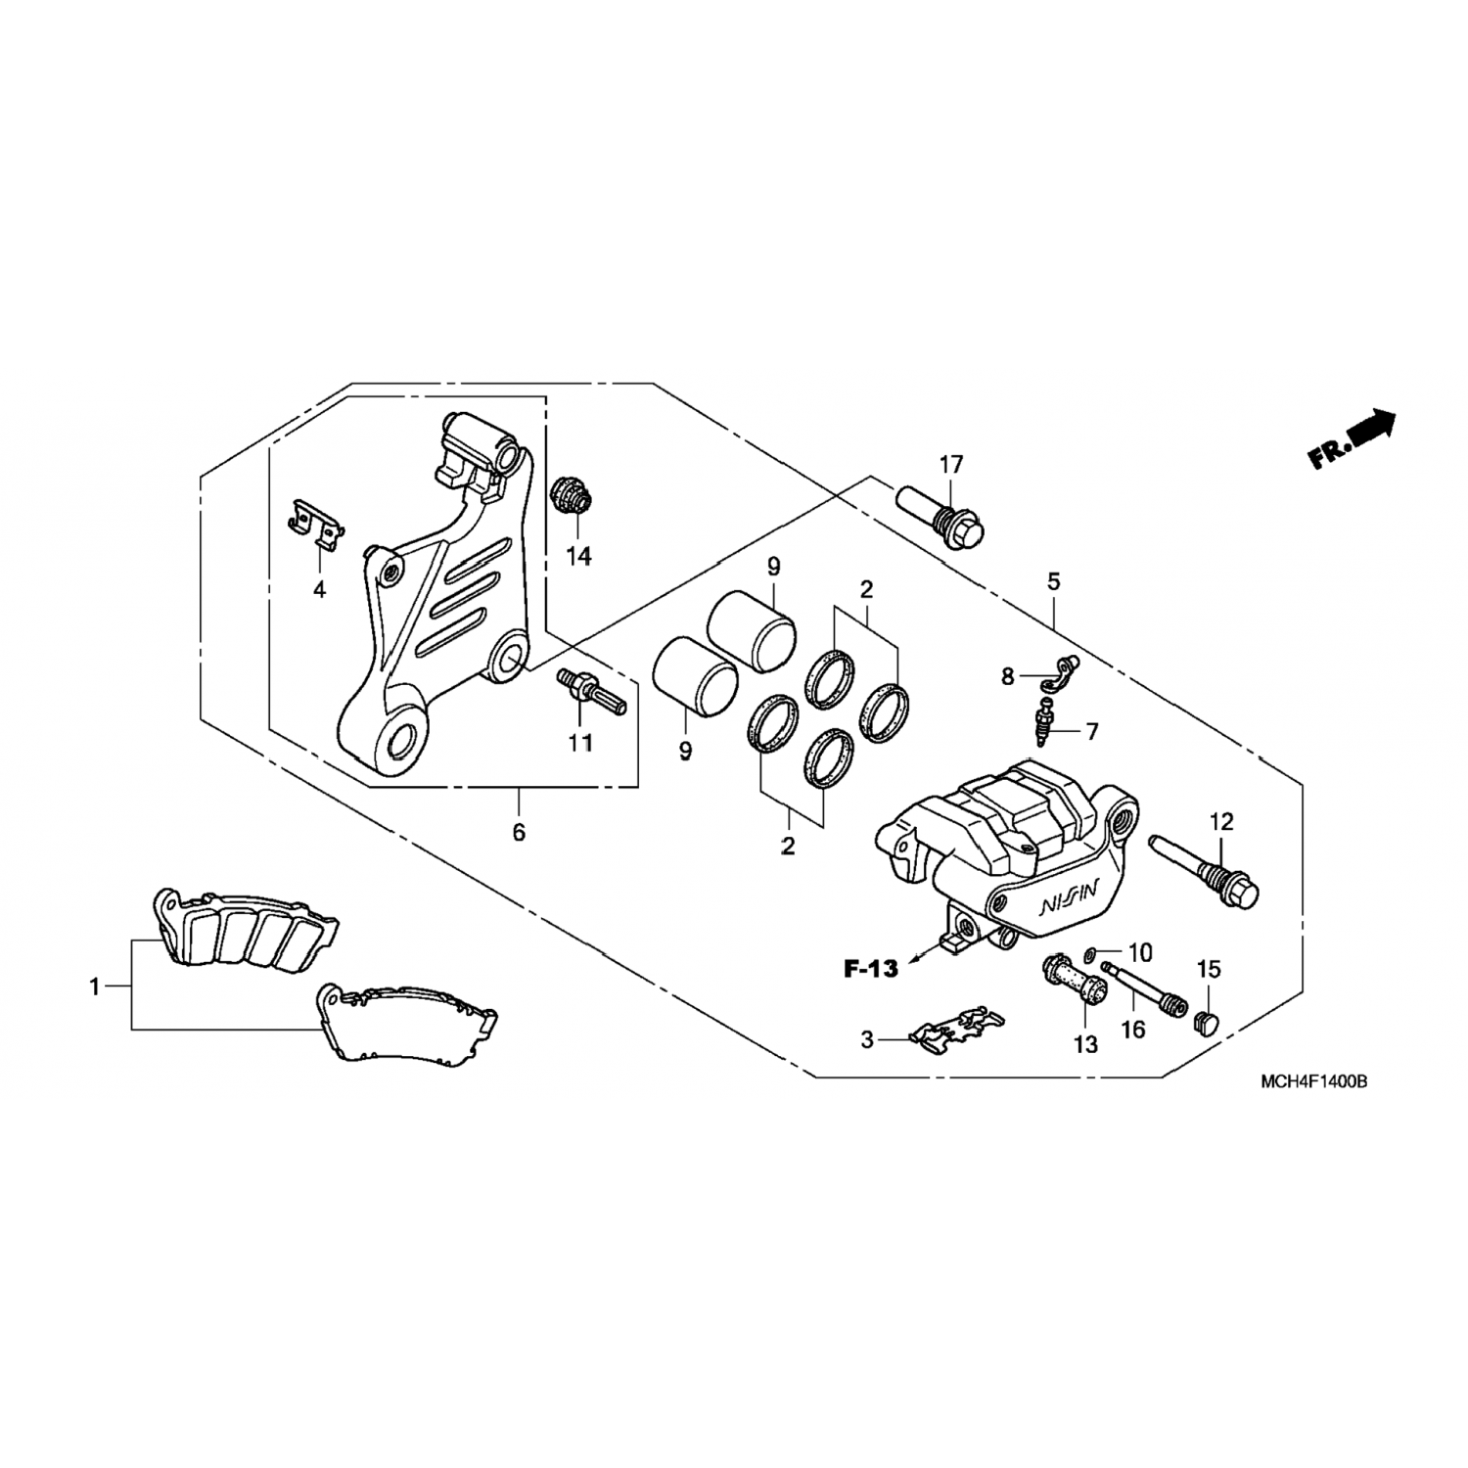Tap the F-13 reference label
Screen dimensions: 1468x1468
pos(870,969)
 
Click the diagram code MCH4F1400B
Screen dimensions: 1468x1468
pos(1312,1082)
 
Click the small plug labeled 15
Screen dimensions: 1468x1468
pos(1207,1024)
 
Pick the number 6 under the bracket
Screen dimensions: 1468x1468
pos(519,833)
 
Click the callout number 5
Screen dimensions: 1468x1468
pos(1053,581)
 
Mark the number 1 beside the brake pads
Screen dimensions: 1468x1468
pos(95,987)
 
